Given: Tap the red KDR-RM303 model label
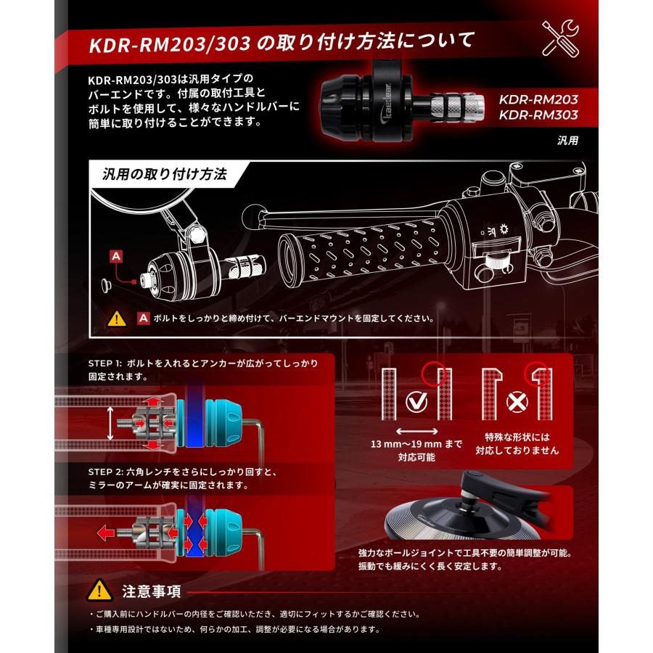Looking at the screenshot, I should pos(537,115).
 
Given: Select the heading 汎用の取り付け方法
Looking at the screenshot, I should pos(165,175).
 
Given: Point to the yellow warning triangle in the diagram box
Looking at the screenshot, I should pos(116,319).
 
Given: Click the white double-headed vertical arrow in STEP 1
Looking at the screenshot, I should pos(110,422).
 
